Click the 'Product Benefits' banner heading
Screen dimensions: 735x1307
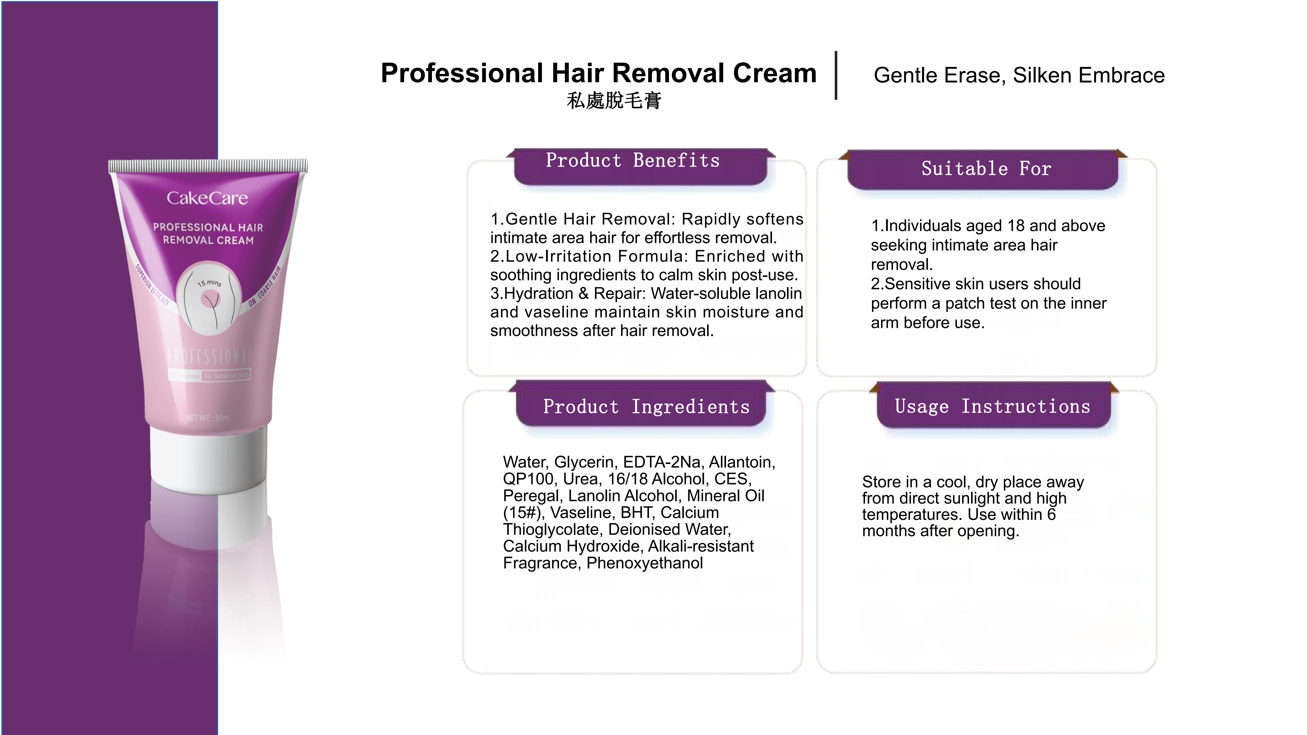633,161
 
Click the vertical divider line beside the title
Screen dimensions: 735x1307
836,75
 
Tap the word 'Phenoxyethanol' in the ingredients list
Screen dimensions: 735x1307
644,563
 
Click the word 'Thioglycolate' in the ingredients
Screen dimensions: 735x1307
553,530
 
